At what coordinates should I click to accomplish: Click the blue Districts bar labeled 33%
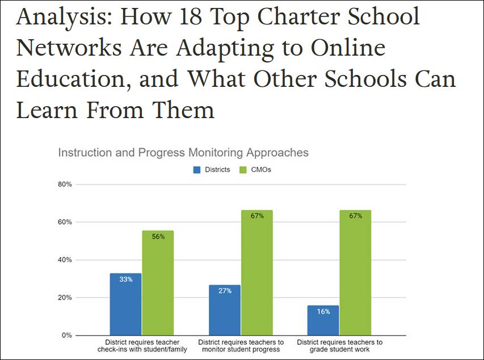[x=125, y=304]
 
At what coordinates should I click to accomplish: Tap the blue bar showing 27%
[x=224, y=310]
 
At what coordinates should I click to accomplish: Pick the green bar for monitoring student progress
[x=256, y=273]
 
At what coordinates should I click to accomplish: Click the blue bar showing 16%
[x=323, y=320]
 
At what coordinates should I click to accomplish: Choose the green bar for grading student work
[x=355, y=273]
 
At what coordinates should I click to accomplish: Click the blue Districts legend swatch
[x=197, y=169]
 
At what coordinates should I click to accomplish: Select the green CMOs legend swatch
[x=242, y=169]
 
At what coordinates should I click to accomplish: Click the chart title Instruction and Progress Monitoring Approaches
[x=183, y=153]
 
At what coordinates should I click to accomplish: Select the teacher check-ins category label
[x=142, y=346]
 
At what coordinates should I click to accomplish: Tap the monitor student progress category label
[x=241, y=346]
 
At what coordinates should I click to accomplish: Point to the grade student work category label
[x=339, y=346]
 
